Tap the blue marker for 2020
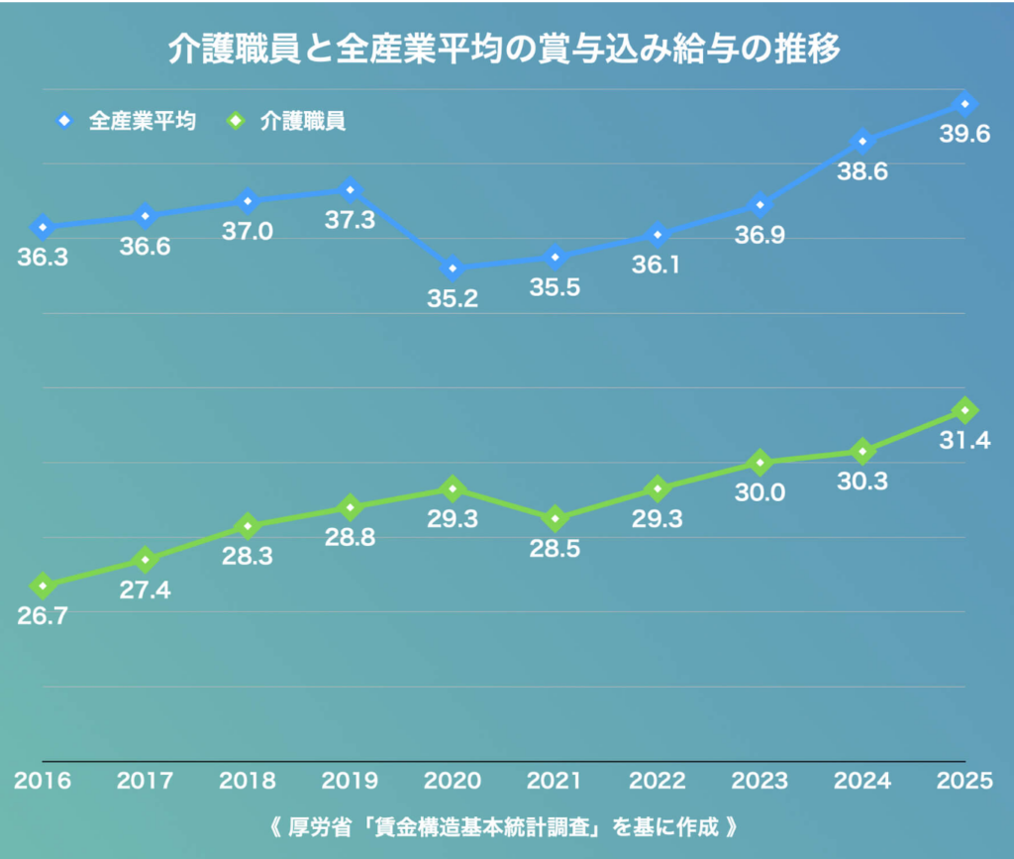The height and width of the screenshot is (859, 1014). (453, 268)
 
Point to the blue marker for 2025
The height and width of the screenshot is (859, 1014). (965, 104)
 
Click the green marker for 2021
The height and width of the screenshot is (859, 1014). (556, 518)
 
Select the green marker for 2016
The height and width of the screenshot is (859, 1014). (43, 586)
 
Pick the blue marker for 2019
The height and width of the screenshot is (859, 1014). (350, 189)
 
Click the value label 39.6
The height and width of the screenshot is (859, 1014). (964, 135)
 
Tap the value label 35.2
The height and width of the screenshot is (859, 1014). (453, 299)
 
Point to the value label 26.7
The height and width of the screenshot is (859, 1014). (43, 616)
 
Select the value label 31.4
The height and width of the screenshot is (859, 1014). (964, 441)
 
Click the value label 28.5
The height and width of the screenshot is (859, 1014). (556, 549)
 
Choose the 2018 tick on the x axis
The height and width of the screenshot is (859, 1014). (248, 781)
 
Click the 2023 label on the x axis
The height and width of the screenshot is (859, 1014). (760, 781)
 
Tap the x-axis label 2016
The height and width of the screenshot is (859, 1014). (43, 781)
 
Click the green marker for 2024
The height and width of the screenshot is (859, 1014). (862, 452)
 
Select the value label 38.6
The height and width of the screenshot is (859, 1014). (862, 171)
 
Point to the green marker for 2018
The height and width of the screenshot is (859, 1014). (248, 525)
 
